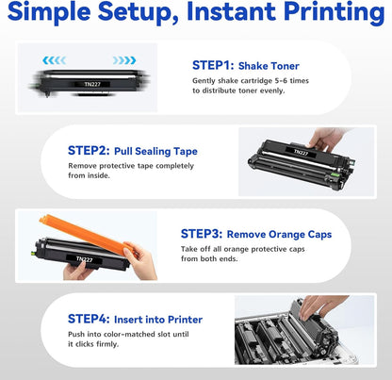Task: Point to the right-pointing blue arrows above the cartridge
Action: click(x=124, y=59)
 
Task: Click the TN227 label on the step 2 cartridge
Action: click(x=299, y=151)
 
